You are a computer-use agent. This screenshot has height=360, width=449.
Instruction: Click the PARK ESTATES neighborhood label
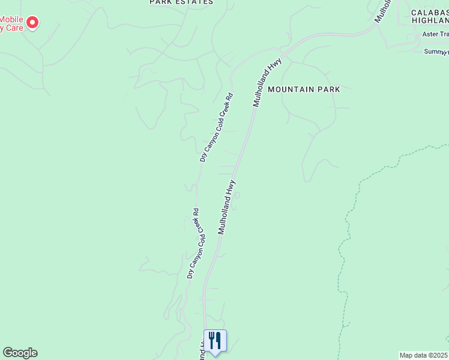pyautogui.click(x=181, y=2)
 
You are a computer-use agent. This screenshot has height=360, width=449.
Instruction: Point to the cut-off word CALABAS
pyautogui.click(x=430, y=12)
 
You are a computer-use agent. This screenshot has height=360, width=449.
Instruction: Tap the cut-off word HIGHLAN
pyautogui.click(x=430, y=20)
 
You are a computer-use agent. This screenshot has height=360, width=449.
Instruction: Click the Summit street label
pyautogui.click(x=436, y=52)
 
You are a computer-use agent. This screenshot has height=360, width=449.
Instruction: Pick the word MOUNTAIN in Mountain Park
pyautogui.click(x=292, y=89)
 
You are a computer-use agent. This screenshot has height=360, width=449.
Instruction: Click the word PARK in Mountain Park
pyautogui.click(x=329, y=89)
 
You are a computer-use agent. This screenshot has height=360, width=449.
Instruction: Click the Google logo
pyautogui.click(x=20, y=353)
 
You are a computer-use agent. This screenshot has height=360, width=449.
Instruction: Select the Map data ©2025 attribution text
pyautogui.click(x=424, y=355)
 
